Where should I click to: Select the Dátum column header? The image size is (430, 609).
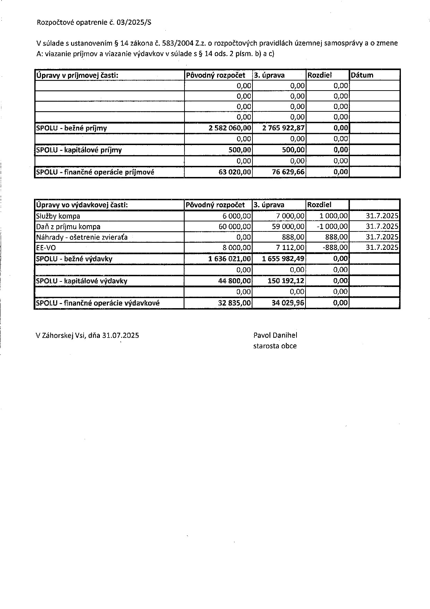click(x=362, y=75)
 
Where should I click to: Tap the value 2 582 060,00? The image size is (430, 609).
click(x=230, y=128)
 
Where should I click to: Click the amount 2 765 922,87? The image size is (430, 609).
click(x=283, y=128)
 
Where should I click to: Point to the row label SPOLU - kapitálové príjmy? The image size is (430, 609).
click(x=79, y=150)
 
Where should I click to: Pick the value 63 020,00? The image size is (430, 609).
click(x=235, y=172)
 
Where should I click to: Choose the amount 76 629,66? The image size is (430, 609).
click(x=289, y=172)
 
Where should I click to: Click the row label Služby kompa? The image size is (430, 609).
click(x=58, y=216)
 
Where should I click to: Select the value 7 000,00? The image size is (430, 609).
click(x=290, y=216)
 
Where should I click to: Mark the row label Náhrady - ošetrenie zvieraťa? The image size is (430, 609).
click(x=82, y=237)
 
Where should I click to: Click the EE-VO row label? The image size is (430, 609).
click(x=46, y=248)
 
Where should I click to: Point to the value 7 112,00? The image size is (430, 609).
click(x=290, y=248)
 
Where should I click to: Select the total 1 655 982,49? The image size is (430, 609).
click(x=283, y=259)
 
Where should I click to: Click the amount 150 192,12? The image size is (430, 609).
click(x=286, y=281)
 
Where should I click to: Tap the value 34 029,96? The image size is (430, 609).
click(x=288, y=303)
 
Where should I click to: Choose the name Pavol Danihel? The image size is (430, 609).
click(x=275, y=335)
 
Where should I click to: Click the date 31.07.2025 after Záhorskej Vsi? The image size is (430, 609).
click(x=121, y=336)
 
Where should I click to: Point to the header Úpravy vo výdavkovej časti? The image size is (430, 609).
click(x=82, y=205)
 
